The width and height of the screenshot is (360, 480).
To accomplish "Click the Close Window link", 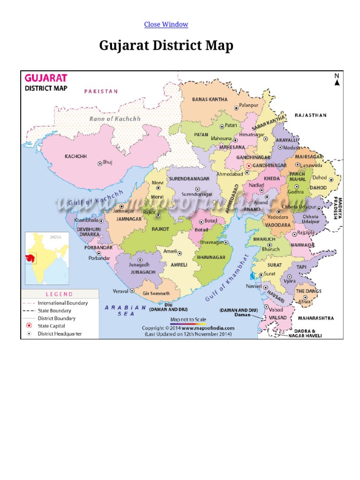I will pyautogui.click(x=166, y=24).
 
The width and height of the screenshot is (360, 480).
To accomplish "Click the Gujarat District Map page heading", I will pyautogui.click(x=166, y=46).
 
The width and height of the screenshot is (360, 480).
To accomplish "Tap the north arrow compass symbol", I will pyautogui.click(x=337, y=80).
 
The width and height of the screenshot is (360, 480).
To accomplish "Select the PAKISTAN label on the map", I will pyautogui.click(x=101, y=91).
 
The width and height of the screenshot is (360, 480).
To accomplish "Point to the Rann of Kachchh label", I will pyautogui.click(x=115, y=119).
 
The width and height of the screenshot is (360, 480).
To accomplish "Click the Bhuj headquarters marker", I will pyautogui.click(x=99, y=164).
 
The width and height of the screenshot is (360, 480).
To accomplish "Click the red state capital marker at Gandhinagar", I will pyautogui.click(x=248, y=166).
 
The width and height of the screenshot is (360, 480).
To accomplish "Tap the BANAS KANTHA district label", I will pyautogui.click(x=210, y=99).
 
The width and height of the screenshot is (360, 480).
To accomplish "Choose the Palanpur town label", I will pyautogui.click(x=249, y=105).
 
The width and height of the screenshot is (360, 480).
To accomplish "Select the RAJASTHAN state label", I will pyautogui.click(x=310, y=115).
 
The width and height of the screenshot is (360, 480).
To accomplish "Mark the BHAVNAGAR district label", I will pyautogui.click(x=211, y=257).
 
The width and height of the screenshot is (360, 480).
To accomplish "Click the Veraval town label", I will pyautogui.click(x=120, y=291).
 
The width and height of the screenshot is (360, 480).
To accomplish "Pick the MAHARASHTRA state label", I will pyautogui.click(x=316, y=318).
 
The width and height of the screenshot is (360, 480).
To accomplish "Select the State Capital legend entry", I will pyautogui.click(x=51, y=326).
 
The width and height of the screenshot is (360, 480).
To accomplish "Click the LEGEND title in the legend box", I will pyautogui.click(x=59, y=294).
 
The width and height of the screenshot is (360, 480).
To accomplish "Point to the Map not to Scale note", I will pyautogui.click(x=188, y=319).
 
